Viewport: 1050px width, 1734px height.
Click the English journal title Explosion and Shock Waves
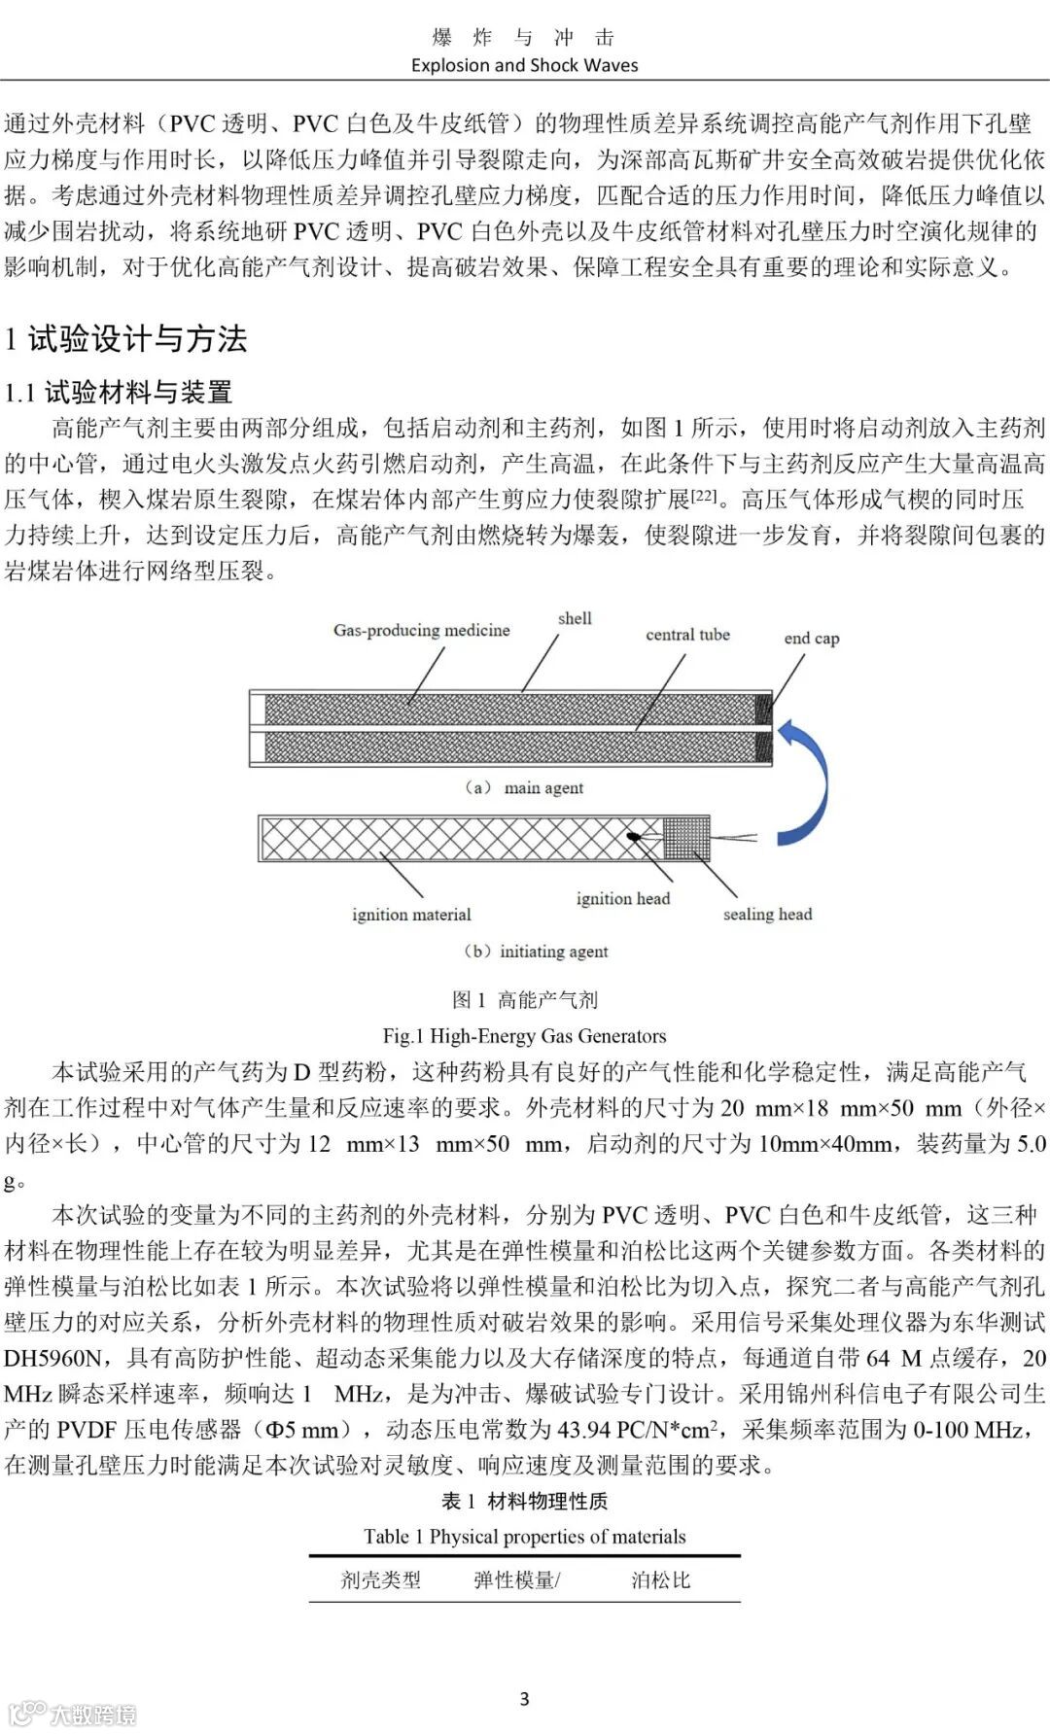point(524,65)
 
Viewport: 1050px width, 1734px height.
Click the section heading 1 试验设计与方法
point(125,338)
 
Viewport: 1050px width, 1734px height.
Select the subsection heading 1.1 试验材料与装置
point(119,392)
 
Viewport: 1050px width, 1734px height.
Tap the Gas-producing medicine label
point(421,630)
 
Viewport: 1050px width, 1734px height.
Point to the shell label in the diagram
point(575,618)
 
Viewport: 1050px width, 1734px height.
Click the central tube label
point(687,635)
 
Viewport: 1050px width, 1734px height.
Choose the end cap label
point(811,639)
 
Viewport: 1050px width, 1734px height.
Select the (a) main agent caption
point(524,787)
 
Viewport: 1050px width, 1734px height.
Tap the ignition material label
point(411,915)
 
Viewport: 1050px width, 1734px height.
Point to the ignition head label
point(622,899)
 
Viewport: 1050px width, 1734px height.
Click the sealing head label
point(767,915)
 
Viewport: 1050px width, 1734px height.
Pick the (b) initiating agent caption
point(536,952)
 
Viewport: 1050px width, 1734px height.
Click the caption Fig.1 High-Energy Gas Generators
point(524,1035)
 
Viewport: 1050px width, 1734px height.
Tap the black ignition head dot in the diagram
point(633,836)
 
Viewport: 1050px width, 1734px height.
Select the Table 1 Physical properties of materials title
point(524,1537)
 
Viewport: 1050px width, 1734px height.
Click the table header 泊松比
point(660,1580)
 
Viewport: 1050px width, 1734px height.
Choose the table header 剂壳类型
point(380,1580)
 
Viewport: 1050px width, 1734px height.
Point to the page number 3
point(524,1699)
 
